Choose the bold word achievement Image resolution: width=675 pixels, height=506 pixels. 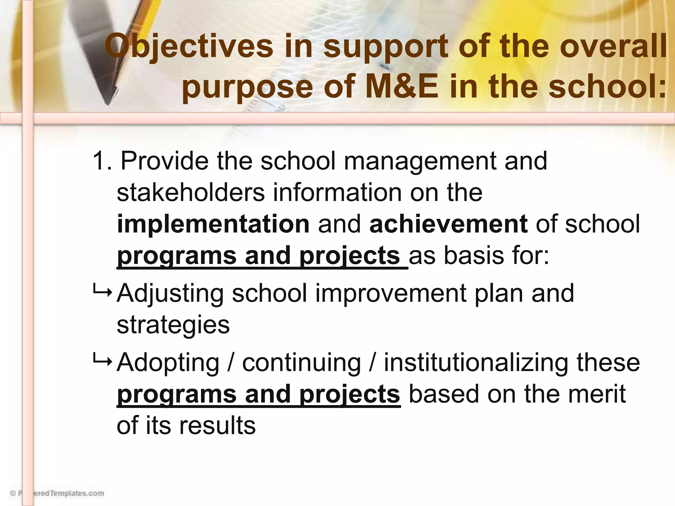pos(449,224)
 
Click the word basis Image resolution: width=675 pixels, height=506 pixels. pos(474,256)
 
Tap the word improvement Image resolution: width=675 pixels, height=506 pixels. pos(391,293)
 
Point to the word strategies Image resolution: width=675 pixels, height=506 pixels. pos(173,325)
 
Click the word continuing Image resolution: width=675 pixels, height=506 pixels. pos(302,363)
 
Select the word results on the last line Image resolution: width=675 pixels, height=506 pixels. pos(217,425)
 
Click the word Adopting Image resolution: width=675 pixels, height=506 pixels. pos(168,363)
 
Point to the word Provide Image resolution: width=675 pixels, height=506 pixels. pos(164,161)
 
